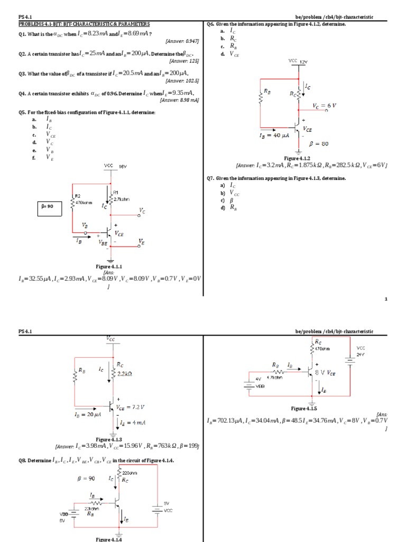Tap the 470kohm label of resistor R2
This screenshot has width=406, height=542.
coord(84,201)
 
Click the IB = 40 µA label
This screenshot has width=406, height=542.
coord(272,136)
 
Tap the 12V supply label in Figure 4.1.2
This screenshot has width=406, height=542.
coord(303,62)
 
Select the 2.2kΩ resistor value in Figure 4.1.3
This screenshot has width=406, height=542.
coord(124,374)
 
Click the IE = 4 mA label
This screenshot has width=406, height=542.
coord(131,423)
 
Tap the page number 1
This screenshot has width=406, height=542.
coord(386,299)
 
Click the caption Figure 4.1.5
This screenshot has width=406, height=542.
coord(304,409)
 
